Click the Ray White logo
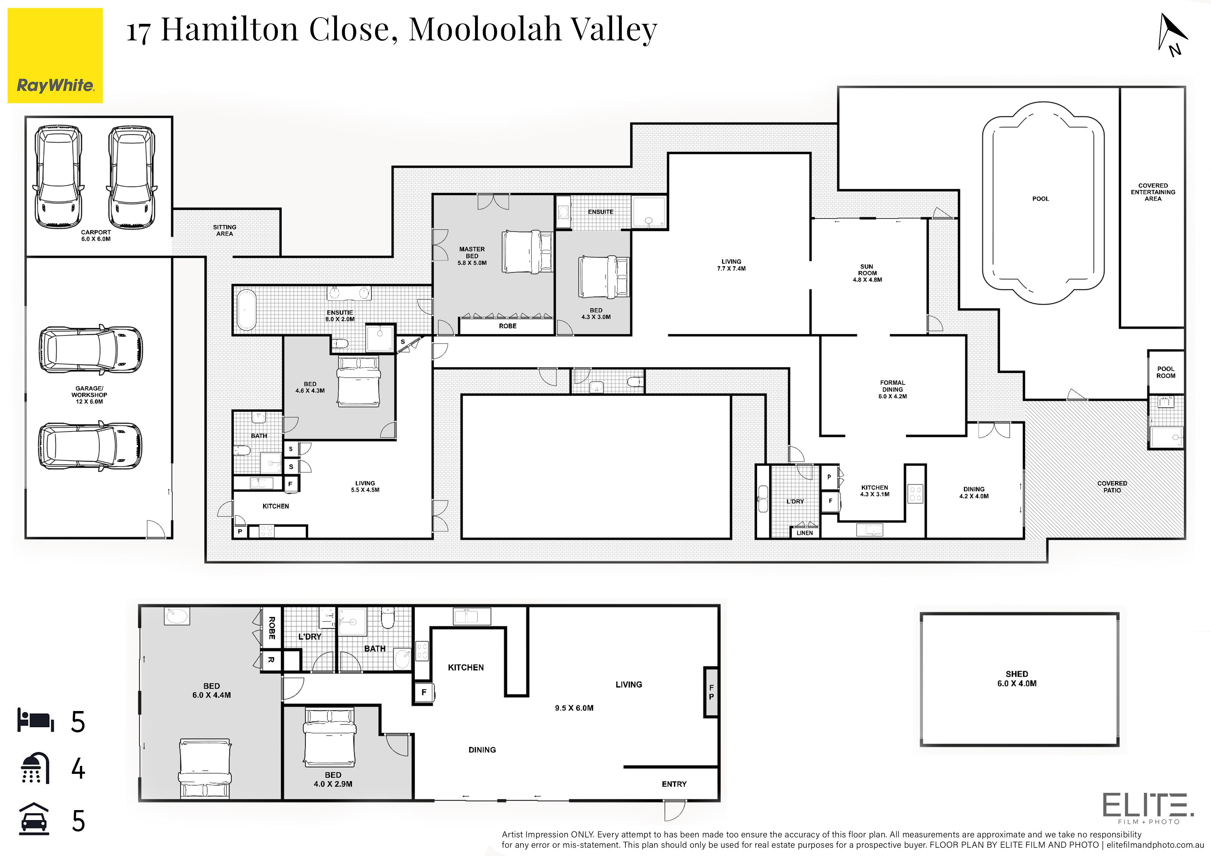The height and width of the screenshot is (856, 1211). point(55,55)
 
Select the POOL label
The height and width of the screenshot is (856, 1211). point(1040,199)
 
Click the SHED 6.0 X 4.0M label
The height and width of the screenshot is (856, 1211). point(1017,678)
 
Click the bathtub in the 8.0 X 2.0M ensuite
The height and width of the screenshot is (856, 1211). point(246,310)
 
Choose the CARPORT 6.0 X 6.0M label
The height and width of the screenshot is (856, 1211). point(96,235)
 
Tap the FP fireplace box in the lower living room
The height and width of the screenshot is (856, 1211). point(711,692)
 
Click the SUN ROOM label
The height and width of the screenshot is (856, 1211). point(867,270)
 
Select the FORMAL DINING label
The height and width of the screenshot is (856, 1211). point(892,386)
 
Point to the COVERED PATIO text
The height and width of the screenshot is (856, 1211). point(1112,487)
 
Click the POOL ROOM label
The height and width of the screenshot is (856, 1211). point(1166,372)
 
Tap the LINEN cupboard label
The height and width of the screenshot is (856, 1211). point(804,533)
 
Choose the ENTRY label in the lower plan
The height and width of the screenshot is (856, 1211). point(674,784)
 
